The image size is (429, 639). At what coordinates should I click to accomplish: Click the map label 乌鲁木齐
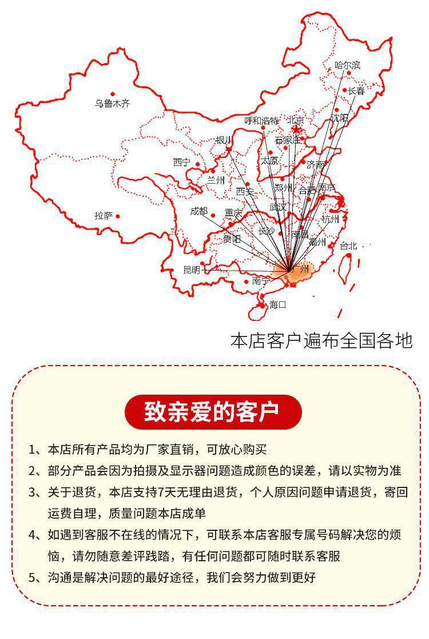(113, 104)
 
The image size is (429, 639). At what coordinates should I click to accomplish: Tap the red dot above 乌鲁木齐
(113, 94)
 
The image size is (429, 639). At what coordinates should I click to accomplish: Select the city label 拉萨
(104, 216)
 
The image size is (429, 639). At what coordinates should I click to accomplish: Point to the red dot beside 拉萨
(118, 216)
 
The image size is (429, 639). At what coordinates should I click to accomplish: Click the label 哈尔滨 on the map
(347, 65)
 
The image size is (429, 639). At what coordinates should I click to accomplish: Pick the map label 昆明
(192, 270)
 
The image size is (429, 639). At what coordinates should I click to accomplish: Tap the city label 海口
(277, 304)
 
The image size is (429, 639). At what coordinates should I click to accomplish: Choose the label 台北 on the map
(348, 246)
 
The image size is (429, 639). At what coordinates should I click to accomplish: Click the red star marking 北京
(296, 130)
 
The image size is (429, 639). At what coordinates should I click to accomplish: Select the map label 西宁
(182, 162)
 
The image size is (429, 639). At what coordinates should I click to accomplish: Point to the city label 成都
(199, 211)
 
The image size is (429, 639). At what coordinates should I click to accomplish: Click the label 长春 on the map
(356, 91)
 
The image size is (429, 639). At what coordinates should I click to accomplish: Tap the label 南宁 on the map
(260, 281)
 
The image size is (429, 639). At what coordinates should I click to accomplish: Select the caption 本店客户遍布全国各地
(321, 340)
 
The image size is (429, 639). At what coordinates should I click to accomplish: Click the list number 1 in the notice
(33, 449)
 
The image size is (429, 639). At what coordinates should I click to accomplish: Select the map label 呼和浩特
(261, 121)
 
